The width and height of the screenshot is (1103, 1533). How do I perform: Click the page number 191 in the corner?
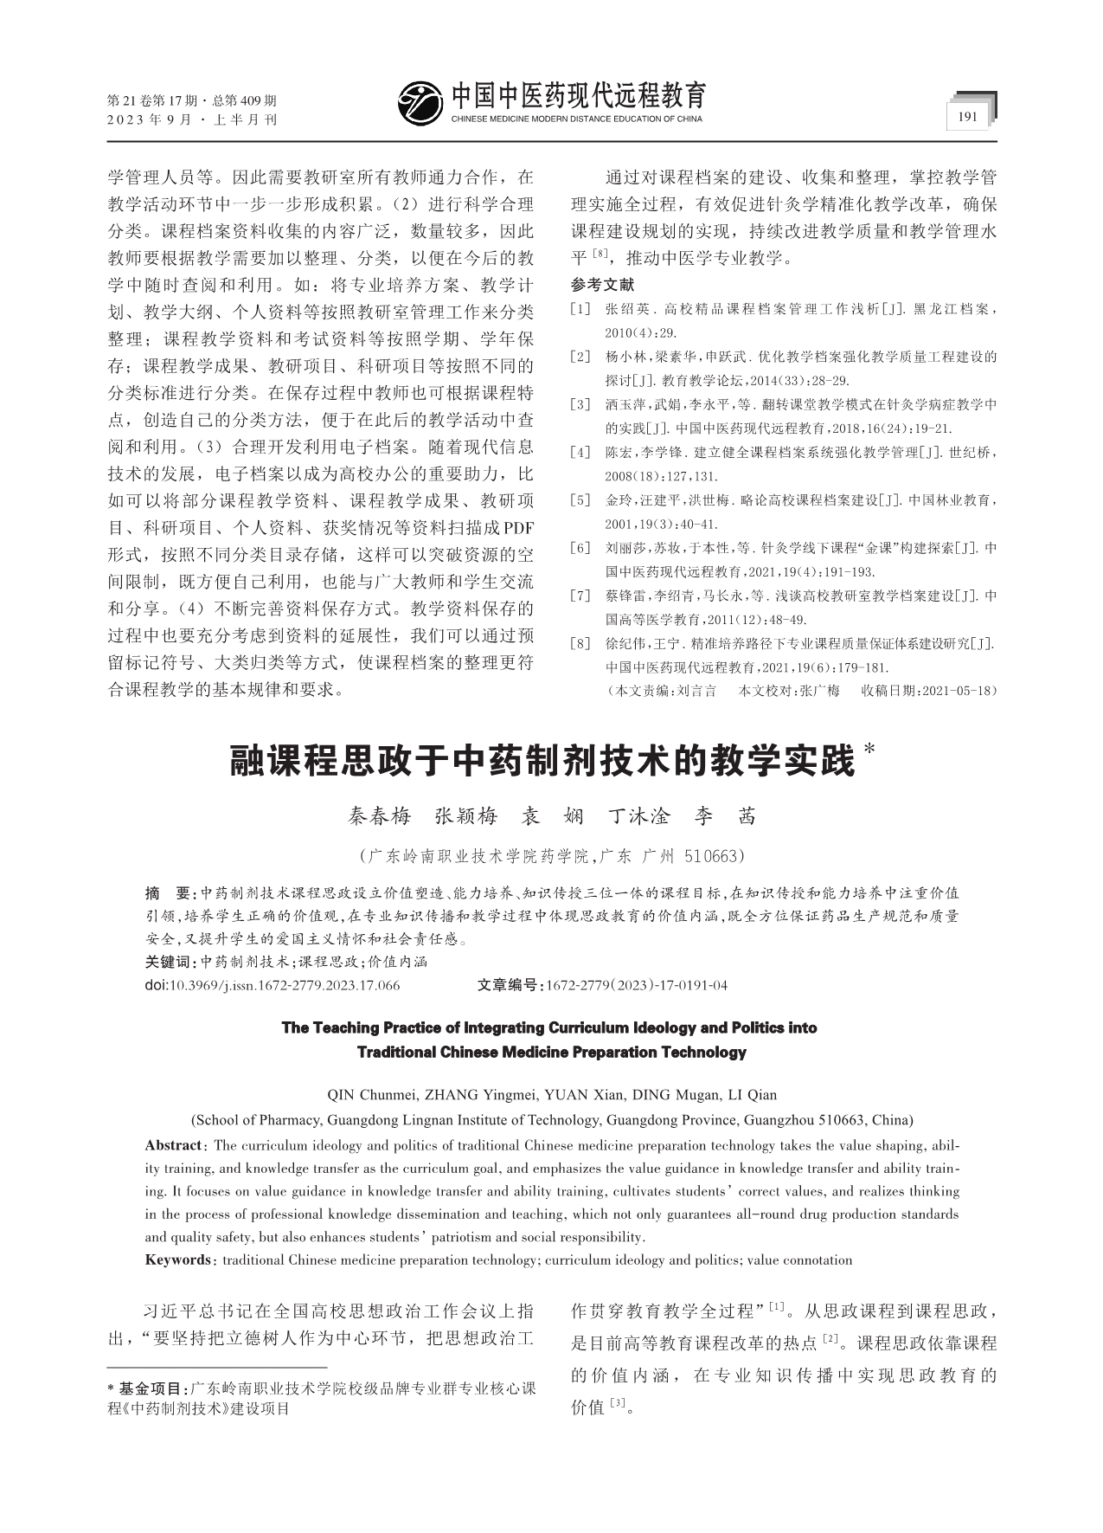pyautogui.click(x=968, y=116)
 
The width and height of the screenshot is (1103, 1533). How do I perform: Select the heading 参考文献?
pyautogui.click(x=602, y=285)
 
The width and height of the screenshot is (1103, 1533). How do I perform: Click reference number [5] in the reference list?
pyautogui.click(x=580, y=500)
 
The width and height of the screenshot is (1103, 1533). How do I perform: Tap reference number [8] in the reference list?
pyautogui.click(x=580, y=644)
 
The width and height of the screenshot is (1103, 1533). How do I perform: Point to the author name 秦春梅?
pyautogui.click(x=379, y=816)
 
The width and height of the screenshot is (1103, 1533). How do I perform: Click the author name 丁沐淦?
pyautogui.click(x=639, y=816)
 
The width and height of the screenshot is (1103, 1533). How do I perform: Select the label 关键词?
pyautogui.click(x=170, y=962)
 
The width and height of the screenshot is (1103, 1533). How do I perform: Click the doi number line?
pyautogui.click(x=273, y=985)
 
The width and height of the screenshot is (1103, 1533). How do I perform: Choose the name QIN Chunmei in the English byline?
pyautogui.click(x=367, y=1095)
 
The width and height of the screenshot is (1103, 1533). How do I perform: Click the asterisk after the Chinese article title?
pyautogui.click(x=870, y=748)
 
